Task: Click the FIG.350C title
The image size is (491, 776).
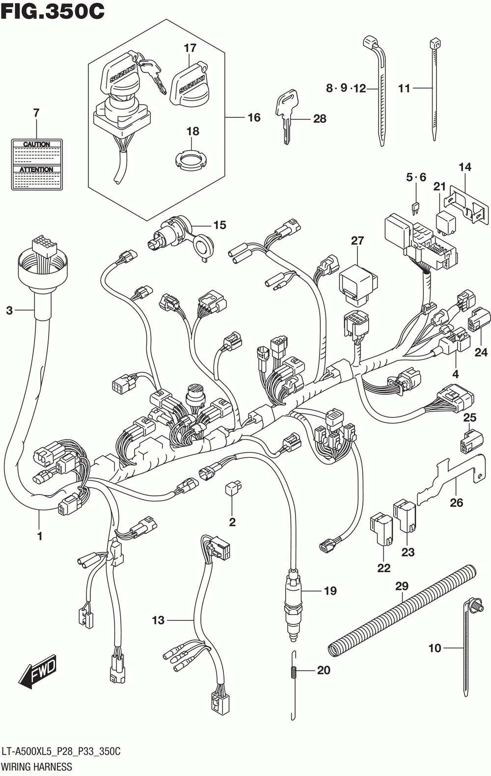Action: pyautogui.click(x=53, y=11)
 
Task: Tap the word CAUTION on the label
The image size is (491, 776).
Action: pyautogui.click(x=37, y=144)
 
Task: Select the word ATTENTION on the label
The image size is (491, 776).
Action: pyautogui.click(x=37, y=169)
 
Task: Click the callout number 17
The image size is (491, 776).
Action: pyautogui.click(x=190, y=48)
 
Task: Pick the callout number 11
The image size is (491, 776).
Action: pyautogui.click(x=404, y=88)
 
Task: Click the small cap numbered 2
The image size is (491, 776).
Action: pyautogui.click(x=232, y=488)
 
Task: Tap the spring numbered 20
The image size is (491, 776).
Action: pyautogui.click(x=294, y=671)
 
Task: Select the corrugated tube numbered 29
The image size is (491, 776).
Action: pyautogui.click(x=403, y=611)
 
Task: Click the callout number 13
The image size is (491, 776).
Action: pyautogui.click(x=158, y=620)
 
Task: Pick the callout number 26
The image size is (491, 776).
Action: pyautogui.click(x=457, y=502)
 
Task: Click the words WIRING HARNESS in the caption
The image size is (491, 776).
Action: pyautogui.click(x=37, y=767)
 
